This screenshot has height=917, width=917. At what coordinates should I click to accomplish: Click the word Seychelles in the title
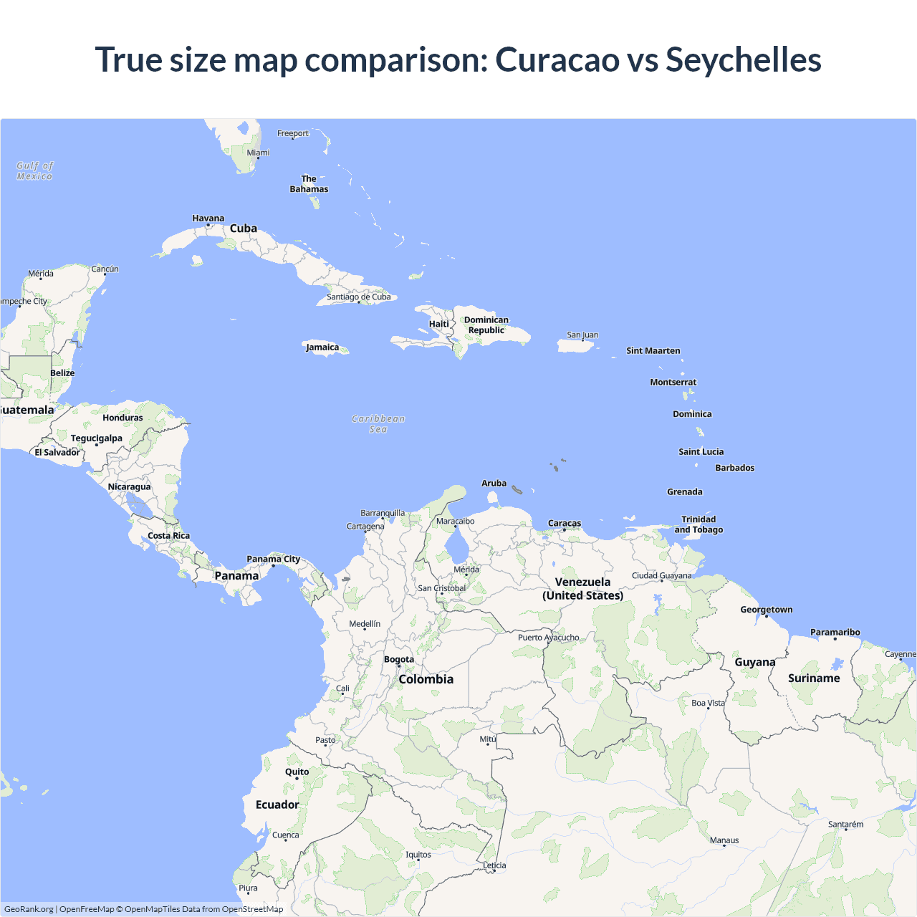pyautogui.click(x=743, y=59)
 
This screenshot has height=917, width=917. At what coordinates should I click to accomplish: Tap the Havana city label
pyautogui.click(x=208, y=219)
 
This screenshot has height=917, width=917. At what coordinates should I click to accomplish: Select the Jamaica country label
pyautogui.click(x=322, y=347)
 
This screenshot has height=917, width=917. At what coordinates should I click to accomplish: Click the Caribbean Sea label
pyautogui.click(x=378, y=424)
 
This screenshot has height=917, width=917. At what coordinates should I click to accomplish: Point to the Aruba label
pyautogui.click(x=494, y=484)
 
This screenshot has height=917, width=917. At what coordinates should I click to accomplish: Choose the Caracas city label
pyautogui.click(x=565, y=524)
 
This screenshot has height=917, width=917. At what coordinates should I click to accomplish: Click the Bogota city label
pyautogui.click(x=399, y=660)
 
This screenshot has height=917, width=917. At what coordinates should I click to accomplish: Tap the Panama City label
pyautogui.click(x=273, y=560)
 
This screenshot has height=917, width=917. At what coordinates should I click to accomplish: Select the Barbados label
pyautogui.click(x=734, y=468)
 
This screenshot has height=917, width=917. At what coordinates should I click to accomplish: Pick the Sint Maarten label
pyautogui.click(x=653, y=351)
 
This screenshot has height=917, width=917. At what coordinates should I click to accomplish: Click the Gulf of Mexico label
pyautogui.click(x=34, y=171)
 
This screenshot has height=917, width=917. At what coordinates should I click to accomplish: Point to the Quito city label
pyautogui.click(x=297, y=772)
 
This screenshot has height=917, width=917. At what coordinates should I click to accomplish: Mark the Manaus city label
pyautogui.click(x=724, y=840)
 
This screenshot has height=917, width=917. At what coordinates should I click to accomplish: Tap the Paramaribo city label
pyautogui.click(x=835, y=633)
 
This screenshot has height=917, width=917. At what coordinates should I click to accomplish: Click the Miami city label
pyautogui.click(x=258, y=153)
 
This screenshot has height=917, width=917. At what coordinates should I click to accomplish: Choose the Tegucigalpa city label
pyautogui.click(x=96, y=438)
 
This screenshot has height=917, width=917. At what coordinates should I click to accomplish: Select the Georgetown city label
pyautogui.click(x=766, y=610)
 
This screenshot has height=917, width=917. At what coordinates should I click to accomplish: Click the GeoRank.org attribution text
pyautogui.click(x=29, y=909)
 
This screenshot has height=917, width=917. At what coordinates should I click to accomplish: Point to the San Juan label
pyautogui.click(x=582, y=335)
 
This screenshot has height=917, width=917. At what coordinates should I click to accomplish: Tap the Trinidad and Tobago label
pyautogui.click(x=698, y=524)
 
